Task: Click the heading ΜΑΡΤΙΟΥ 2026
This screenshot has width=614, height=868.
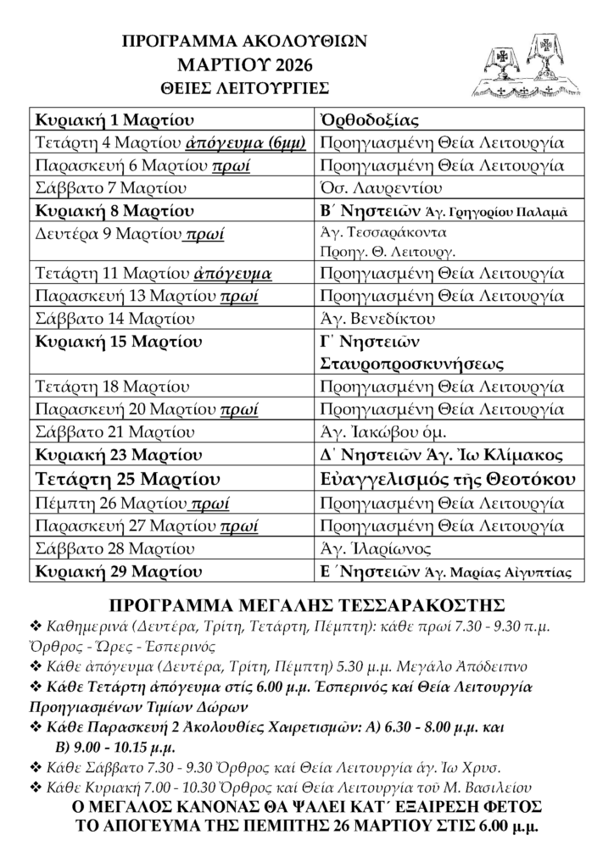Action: [244, 64]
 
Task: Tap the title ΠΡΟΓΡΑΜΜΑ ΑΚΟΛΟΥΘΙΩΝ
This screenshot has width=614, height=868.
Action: [244, 42]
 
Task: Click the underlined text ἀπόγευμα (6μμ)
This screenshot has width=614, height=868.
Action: [250, 142]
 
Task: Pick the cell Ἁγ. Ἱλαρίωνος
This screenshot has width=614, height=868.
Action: [376, 549]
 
